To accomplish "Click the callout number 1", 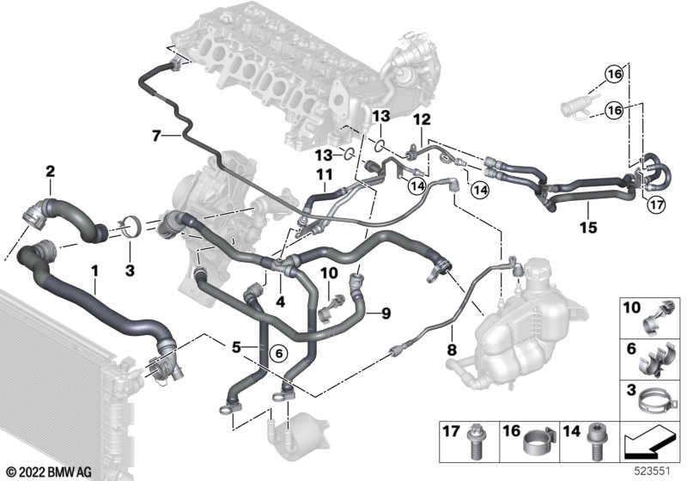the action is pyautogui.click(x=94, y=271).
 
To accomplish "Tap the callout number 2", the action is pyautogui.click(x=51, y=171).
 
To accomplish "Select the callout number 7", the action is pyautogui.click(x=157, y=137).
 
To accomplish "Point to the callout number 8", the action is pyautogui.click(x=452, y=350).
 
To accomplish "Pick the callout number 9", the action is pyautogui.click(x=386, y=314).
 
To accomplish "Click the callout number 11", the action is pyautogui.click(x=325, y=175).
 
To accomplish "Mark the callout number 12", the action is pyautogui.click(x=423, y=119).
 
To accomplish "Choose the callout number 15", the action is pyautogui.click(x=588, y=228).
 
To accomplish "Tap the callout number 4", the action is pyautogui.click(x=281, y=301).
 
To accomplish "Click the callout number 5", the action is pyautogui.click(x=236, y=348).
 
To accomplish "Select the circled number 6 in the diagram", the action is pyautogui.click(x=278, y=352).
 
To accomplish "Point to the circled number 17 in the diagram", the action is pyautogui.click(x=656, y=204).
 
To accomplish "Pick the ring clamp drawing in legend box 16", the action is pyautogui.click(x=538, y=442).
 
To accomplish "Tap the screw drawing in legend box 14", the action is pyautogui.click(x=596, y=443).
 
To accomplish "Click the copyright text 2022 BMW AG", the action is pyautogui.click(x=49, y=472).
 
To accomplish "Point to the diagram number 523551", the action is pyautogui.click(x=653, y=472).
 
